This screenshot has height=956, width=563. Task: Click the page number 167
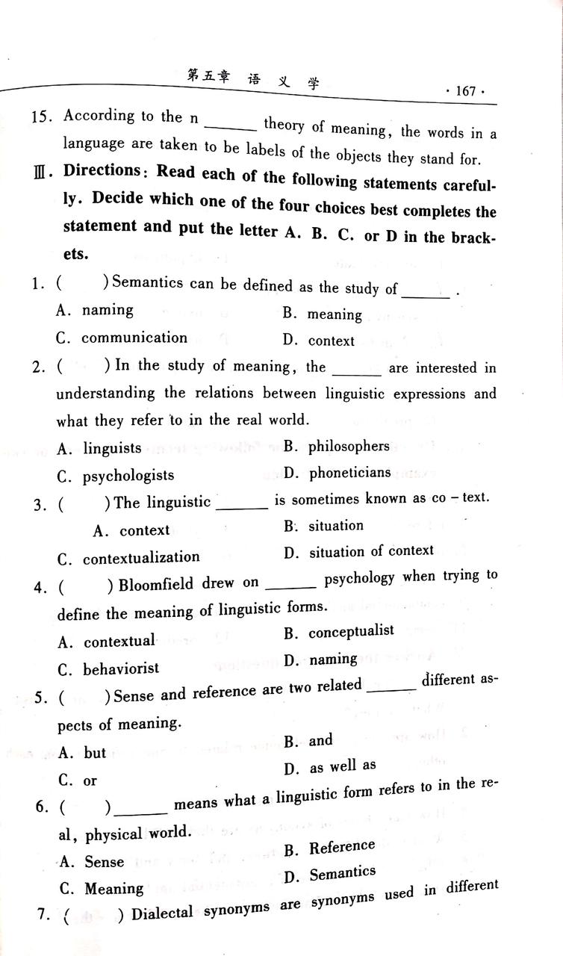[x=464, y=91]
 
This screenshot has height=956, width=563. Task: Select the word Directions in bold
[x=102, y=170]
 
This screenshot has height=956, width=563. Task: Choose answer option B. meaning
[x=323, y=314]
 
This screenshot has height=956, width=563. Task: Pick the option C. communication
[x=122, y=338]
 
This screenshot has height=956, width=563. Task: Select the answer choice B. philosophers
[x=338, y=447]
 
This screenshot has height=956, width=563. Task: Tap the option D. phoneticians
[x=338, y=473]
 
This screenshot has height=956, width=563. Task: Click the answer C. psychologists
[x=116, y=475]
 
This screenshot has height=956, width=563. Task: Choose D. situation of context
[x=358, y=551]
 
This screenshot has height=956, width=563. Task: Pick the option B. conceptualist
[x=339, y=632]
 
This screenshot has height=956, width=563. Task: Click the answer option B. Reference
[x=330, y=847]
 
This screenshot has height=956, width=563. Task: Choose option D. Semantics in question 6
[x=330, y=874]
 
